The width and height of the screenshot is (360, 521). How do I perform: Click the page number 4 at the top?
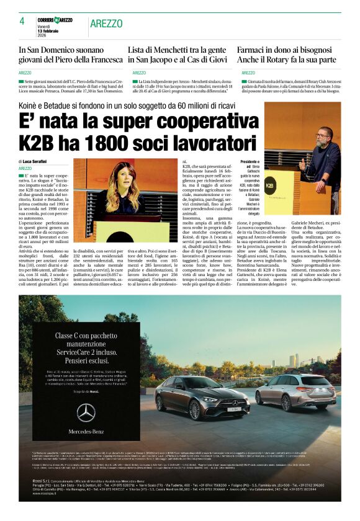coord(22,21)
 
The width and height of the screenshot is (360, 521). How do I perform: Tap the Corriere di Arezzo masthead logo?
coord(55,20)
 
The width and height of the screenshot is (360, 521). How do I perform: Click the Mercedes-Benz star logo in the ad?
coord(86,412)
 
